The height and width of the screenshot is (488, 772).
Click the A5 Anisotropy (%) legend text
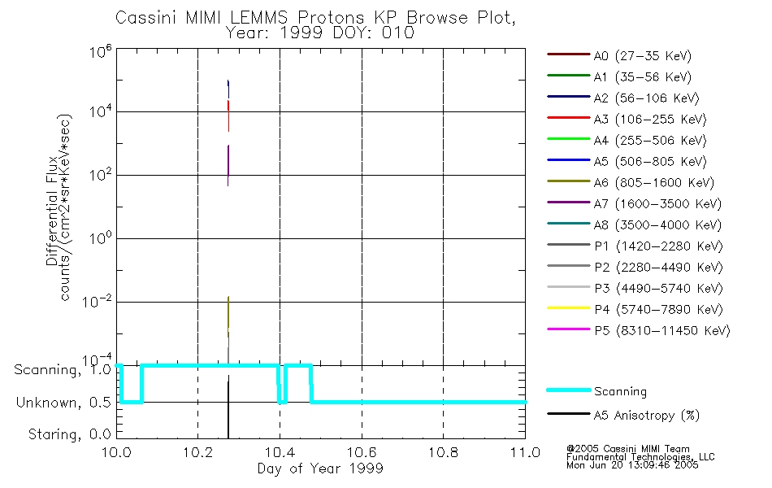[x=646, y=416]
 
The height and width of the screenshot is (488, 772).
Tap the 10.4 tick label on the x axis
[x=280, y=453]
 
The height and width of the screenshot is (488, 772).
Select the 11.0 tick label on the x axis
[x=524, y=453]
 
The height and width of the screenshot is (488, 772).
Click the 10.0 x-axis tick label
[x=117, y=453]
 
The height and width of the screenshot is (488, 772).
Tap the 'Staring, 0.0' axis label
[x=70, y=434]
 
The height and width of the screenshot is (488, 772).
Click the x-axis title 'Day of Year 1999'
[x=320, y=468]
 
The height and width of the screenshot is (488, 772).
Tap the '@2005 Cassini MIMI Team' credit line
[x=628, y=449]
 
